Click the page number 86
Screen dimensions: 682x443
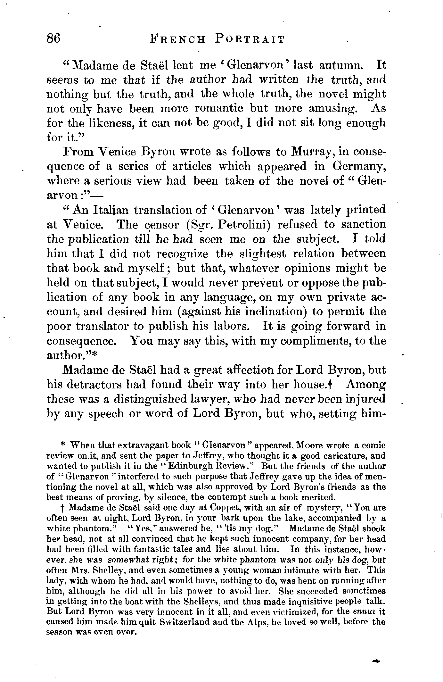pos(53,38)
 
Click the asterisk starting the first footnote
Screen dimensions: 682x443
pos(63,445)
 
